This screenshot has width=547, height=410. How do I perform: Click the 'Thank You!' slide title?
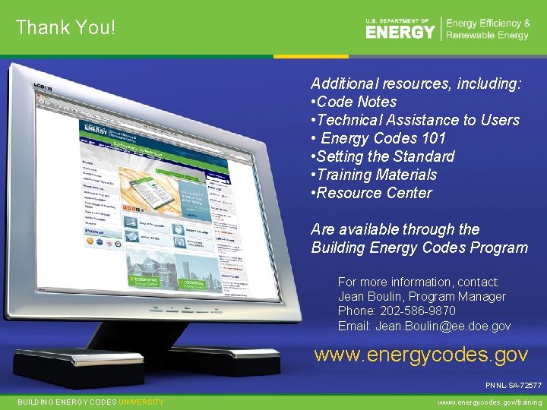[65, 27]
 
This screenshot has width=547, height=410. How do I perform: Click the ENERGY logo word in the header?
[400, 32]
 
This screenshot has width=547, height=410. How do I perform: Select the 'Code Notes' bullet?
[356, 102]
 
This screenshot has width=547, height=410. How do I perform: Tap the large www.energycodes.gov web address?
[421, 355]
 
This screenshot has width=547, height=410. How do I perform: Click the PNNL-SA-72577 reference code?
[514, 386]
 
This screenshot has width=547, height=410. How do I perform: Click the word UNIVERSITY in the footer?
[141, 402]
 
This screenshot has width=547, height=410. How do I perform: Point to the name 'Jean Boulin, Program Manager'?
[422, 297]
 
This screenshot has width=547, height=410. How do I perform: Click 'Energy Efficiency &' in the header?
[488, 24]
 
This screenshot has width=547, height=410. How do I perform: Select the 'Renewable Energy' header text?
[487, 36]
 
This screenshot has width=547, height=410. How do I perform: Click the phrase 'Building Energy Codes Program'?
[419, 248]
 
